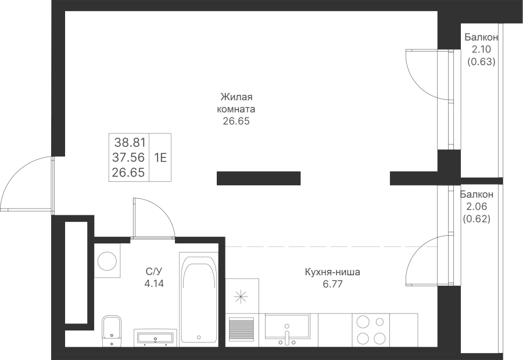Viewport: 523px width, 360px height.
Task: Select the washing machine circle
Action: [107, 261]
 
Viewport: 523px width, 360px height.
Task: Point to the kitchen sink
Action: [288, 330]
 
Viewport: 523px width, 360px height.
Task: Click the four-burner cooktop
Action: [371, 330]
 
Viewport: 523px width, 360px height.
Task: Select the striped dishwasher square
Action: [242, 329]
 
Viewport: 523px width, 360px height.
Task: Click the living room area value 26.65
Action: [236, 121]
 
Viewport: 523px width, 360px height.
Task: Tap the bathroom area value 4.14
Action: [154, 284]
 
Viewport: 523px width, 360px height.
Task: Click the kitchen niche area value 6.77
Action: [333, 285]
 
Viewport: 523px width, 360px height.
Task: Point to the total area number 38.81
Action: [130, 143]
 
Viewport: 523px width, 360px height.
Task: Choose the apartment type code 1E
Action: [160, 157]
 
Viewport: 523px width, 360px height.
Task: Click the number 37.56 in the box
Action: [128, 157]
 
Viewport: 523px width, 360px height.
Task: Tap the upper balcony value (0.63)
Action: [481, 62]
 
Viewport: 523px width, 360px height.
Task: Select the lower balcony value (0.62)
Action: [477, 219]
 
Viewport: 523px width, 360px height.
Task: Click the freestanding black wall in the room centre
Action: [259, 178]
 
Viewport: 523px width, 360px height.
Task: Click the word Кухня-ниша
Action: [332, 272]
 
